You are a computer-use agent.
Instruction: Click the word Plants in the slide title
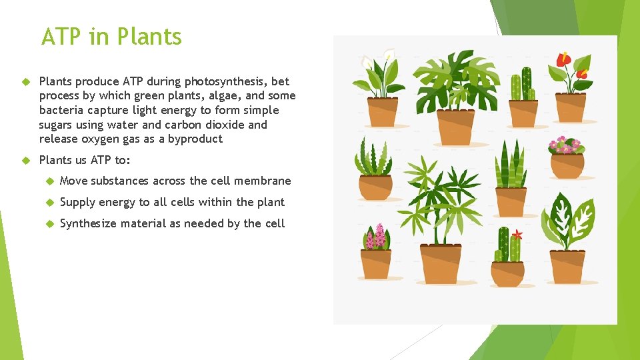(x=149, y=37)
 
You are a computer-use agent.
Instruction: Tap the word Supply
(x=78, y=202)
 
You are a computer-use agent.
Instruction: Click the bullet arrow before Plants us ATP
(x=27, y=160)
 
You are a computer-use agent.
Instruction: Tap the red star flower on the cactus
(x=517, y=235)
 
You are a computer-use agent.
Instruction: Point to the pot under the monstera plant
(x=455, y=127)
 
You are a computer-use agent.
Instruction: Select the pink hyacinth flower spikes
(x=376, y=236)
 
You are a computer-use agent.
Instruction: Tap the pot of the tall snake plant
(x=511, y=202)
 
